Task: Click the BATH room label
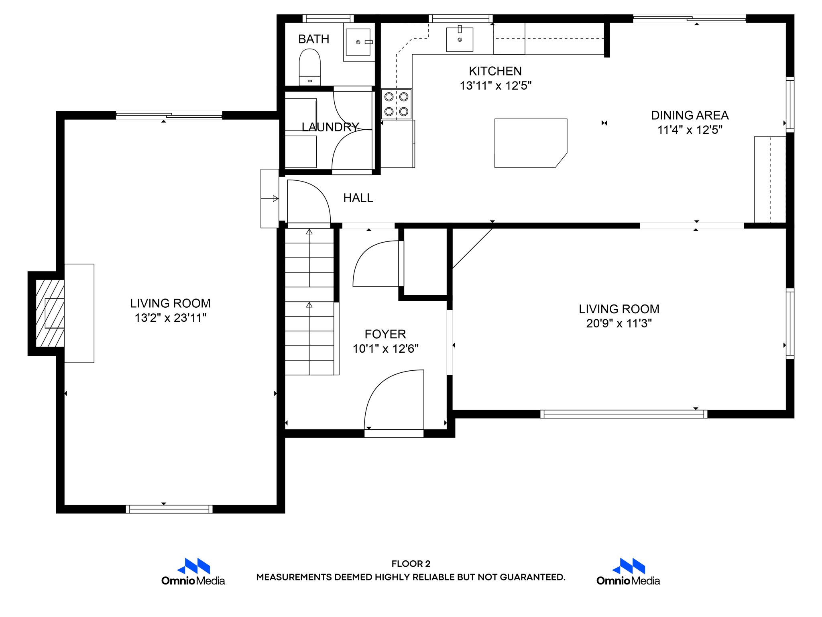(313, 39)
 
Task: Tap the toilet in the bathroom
(310, 67)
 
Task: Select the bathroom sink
(358, 42)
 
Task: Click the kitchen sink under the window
(460, 39)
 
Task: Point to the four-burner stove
(396, 104)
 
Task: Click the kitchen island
(531, 143)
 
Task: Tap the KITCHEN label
(495, 71)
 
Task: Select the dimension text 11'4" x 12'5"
(690, 130)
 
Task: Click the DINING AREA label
(690, 115)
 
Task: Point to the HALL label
(358, 198)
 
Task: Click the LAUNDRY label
(330, 127)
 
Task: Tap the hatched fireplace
(50, 313)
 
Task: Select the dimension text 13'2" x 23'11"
(171, 318)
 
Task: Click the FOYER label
(385, 334)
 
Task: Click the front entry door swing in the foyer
(377, 386)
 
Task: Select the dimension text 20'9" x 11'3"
(619, 323)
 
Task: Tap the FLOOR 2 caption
(411, 564)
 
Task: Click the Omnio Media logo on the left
(193, 572)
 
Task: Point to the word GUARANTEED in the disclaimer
(532, 577)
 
